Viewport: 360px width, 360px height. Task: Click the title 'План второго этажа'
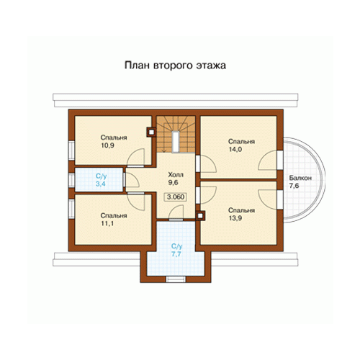[x=175, y=66]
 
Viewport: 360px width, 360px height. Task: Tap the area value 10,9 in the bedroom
[x=107, y=145]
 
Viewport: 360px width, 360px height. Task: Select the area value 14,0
[x=235, y=149]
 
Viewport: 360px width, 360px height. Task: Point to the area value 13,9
[x=235, y=218]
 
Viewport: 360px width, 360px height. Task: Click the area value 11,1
[x=107, y=223]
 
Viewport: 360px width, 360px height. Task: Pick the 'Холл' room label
[x=176, y=174]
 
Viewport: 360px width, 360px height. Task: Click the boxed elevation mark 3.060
[x=176, y=197]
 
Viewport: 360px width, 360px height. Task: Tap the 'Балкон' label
[x=300, y=178]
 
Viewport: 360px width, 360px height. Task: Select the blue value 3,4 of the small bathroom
[x=101, y=184]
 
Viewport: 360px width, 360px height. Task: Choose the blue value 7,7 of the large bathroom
[x=176, y=254]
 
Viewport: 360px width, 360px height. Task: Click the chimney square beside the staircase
[x=151, y=132]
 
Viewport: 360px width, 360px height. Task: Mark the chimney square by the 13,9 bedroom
[x=200, y=216]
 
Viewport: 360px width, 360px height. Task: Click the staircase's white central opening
[x=176, y=142]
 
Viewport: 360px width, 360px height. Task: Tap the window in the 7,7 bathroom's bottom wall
[x=176, y=279]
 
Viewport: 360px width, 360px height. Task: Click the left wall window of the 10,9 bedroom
[x=71, y=150]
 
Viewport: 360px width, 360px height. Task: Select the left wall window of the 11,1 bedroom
[x=71, y=209]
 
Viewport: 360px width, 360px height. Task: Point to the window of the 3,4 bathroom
[x=71, y=180]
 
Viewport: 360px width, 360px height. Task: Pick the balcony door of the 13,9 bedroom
[x=280, y=199]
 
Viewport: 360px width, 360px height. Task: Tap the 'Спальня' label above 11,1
[x=114, y=215]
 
